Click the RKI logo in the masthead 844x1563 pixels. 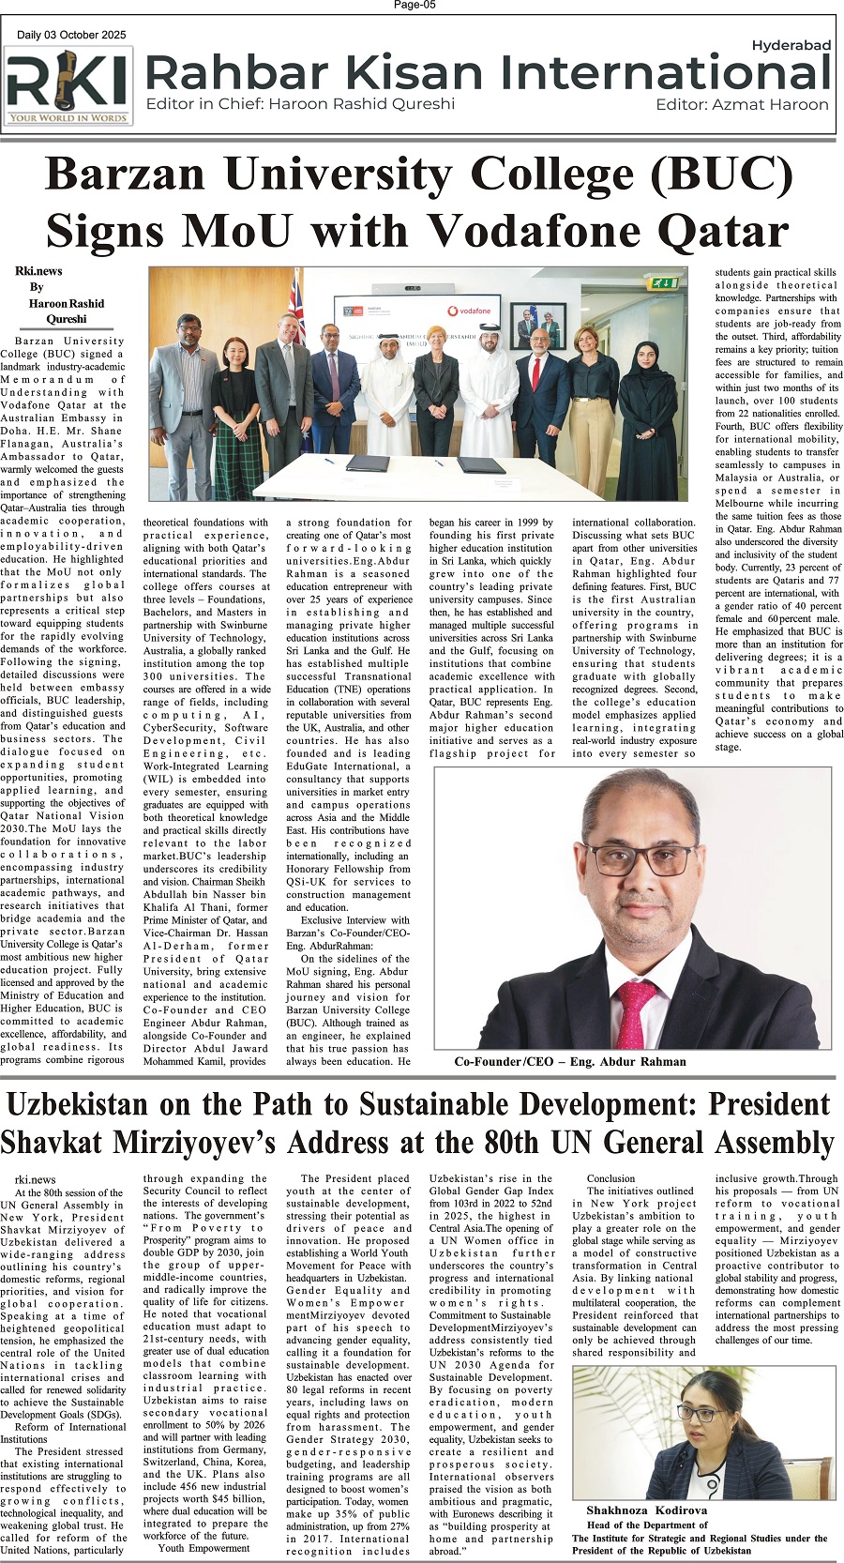(x=68, y=87)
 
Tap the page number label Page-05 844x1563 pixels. (x=414, y=6)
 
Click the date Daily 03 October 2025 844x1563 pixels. (x=71, y=36)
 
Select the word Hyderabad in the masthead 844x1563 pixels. (x=791, y=45)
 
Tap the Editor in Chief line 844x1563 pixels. (x=300, y=104)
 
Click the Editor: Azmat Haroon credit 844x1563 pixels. (x=742, y=104)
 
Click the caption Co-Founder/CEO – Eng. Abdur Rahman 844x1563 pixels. (x=569, y=1062)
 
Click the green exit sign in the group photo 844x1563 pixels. (x=667, y=281)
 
